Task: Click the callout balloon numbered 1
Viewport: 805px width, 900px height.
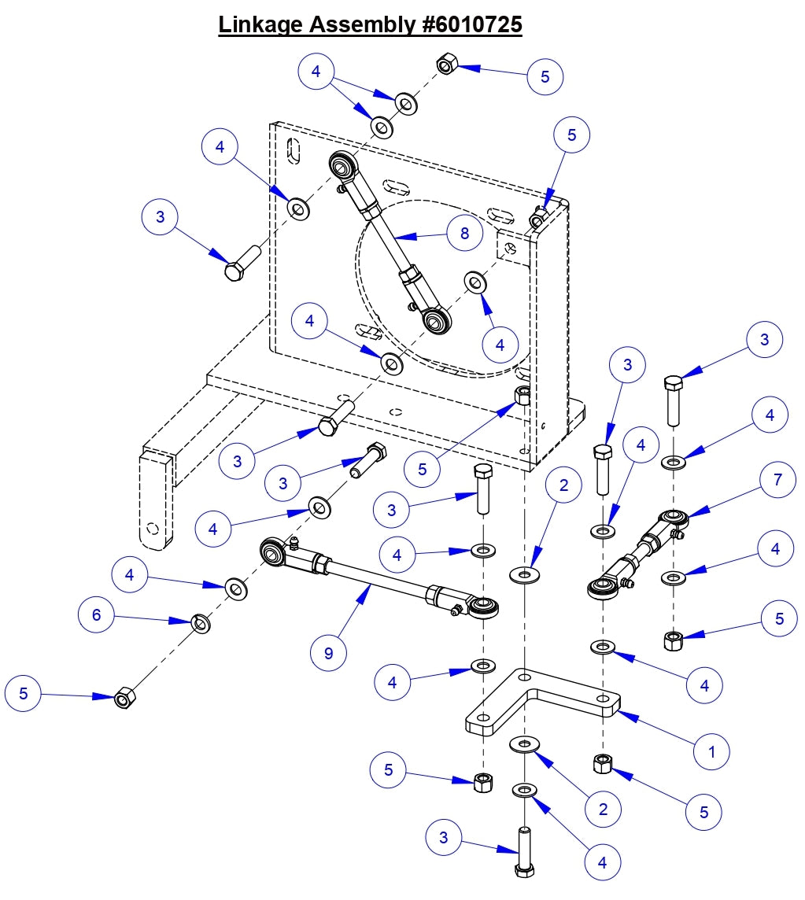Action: pos(712,751)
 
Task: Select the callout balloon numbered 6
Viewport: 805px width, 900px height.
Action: pos(97,614)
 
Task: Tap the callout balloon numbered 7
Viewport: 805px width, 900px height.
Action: pos(778,479)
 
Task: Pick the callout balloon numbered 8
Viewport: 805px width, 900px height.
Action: pos(464,232)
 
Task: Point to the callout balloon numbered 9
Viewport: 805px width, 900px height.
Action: pos(328,651)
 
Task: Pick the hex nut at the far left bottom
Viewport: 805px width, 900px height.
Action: pos(124,697)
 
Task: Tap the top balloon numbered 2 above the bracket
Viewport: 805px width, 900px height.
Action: pos(563,485)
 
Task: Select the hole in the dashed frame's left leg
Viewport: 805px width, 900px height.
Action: pos(154,528)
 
